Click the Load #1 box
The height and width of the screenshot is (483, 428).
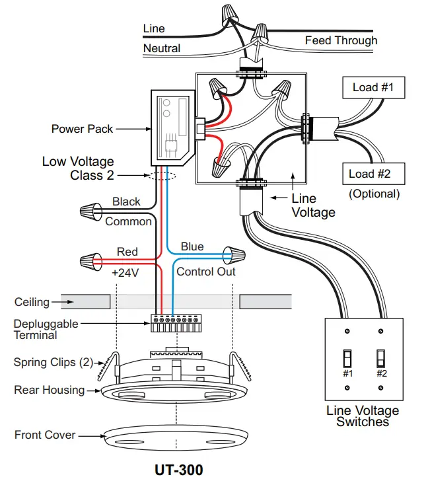coord(373,87)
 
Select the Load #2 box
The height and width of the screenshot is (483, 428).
coord(374,174)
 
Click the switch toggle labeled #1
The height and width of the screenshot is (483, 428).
coord(347,359)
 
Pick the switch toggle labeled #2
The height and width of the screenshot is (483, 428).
coord(381,359)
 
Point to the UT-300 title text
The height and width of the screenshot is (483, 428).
coord(178,470)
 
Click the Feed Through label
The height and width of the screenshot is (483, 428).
coord(341,41)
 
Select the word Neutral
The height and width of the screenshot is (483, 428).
coord(162,48)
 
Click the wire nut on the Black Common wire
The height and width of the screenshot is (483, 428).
coord(88,212)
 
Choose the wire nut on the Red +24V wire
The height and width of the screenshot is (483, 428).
coord(88,260)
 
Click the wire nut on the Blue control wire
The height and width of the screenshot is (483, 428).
coord(234,254)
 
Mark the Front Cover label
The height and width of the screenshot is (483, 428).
coord(45,435)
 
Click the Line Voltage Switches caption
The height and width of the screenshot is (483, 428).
coord(363,416)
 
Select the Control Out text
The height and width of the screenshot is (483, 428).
coord(205,272)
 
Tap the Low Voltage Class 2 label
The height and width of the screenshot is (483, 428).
coord(78,168)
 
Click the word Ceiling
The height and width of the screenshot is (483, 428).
coord(32,302)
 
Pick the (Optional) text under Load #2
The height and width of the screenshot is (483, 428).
coord(374,194)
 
